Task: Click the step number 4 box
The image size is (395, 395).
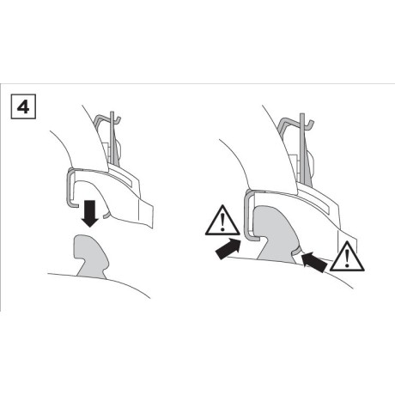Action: coord(23,106)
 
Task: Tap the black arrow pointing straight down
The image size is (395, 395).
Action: coord(90,214)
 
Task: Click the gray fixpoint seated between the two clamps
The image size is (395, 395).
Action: coord(276,234)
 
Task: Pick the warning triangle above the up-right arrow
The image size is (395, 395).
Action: coord(222,221)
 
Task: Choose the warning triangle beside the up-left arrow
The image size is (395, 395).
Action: coord(347,257)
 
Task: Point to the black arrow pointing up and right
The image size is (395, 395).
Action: coord(228,249)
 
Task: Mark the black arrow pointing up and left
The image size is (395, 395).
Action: coord(314,262)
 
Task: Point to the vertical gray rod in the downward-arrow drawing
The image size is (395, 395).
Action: coord(112,138)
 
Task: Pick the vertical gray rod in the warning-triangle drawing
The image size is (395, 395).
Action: coord(302,149)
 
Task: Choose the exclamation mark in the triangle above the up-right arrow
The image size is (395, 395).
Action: coord(222,222)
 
